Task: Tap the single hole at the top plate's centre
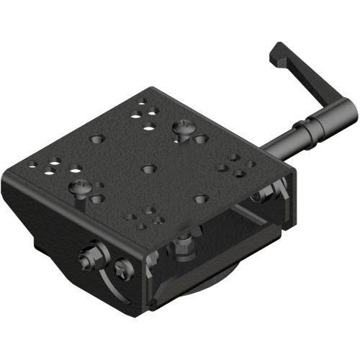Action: (x=148, y=168)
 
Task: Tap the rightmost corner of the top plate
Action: (x=291, y=173)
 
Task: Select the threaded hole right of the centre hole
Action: (x=201, y=197)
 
